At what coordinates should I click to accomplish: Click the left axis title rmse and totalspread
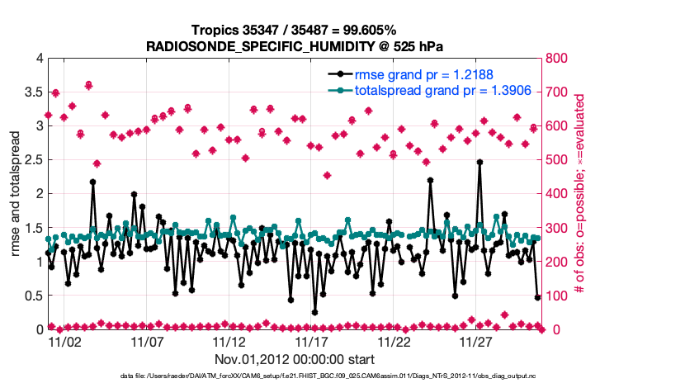pyautogui.click(x=15, y=194)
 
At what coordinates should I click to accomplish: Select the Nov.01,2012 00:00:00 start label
pyautogui.click(x=295, y=360)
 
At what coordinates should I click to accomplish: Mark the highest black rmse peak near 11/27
pyautogui.click(x=479, y=163)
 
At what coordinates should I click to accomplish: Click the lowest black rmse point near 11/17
pyautogui.click(x=314, y=312)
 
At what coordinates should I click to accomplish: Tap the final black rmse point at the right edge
pyautogui.click(x=537, y=297)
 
